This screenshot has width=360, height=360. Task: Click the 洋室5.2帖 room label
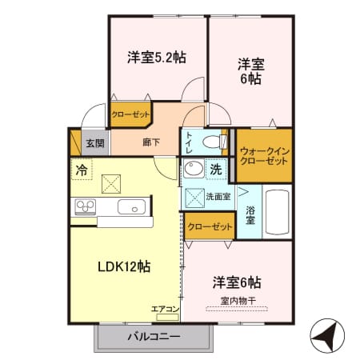pos(157,57)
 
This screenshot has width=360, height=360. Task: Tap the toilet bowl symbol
pos(214,142)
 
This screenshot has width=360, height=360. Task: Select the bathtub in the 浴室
pos(278,212)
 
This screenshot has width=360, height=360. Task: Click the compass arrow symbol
pos(327,334)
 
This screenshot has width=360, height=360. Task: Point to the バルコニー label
pos(154,337)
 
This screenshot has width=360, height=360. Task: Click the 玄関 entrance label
pos(95,143)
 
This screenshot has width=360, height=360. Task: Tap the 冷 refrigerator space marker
pos(82,170)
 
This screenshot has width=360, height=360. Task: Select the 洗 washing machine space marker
pos(216,169)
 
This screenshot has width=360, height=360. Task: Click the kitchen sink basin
pos(132,206)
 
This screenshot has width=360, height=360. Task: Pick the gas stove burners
pos(86,206)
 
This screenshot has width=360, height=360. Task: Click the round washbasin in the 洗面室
pos(194,169)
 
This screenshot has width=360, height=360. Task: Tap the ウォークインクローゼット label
pos(265,156)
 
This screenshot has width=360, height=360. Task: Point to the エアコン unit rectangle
pos(167,317)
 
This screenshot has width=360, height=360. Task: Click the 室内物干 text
pos(238,301)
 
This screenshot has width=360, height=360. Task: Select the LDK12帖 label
pos(124,266)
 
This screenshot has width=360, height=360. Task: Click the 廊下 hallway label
pos(151,142)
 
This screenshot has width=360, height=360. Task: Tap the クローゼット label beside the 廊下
pos(130,114)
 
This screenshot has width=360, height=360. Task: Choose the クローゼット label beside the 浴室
pos(210,227)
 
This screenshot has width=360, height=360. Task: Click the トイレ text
pos(189,142)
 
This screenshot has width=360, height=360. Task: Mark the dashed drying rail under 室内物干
pos(237,309)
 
